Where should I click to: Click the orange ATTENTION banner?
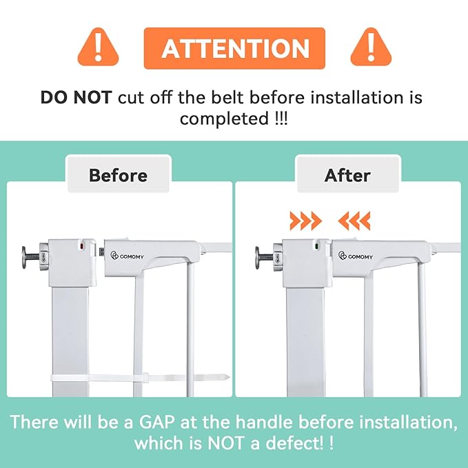point(234,48)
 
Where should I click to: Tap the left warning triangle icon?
point(98,48)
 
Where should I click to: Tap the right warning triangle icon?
point(371,48)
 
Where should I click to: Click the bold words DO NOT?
point(76,98)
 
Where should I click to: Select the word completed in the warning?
point(224,119)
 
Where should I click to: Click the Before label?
point(118,175)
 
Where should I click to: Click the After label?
point(347,175)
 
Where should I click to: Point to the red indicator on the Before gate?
point(81,247)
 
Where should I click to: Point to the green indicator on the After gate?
point(316,247)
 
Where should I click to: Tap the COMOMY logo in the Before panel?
point(127,256)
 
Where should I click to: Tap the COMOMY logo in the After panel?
point(356,256)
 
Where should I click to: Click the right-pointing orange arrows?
point(306,221)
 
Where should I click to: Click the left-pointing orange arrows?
point(354,221)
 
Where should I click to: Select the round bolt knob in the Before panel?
point(25,257)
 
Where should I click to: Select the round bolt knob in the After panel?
point(258,257)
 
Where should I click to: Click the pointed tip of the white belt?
point(229,377)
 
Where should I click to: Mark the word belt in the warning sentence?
point(228,98)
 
